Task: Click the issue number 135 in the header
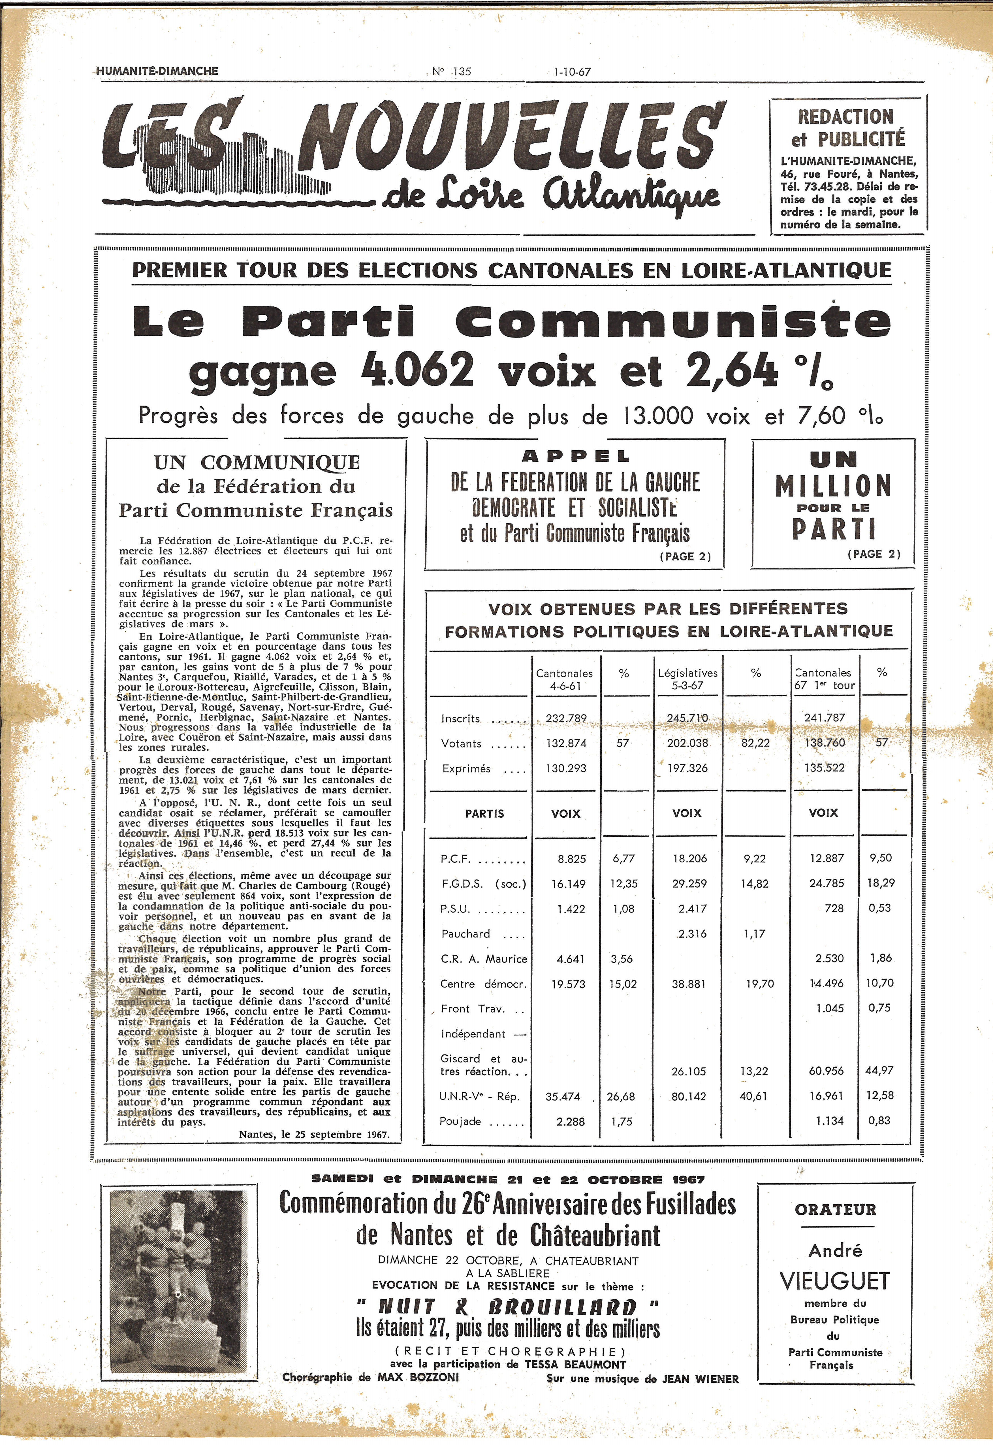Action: [462, 72]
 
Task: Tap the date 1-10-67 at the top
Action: [572, 72]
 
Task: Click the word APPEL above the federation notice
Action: [576, 456]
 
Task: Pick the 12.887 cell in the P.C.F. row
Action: [827, 858]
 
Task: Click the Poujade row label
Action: [460, 1121]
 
